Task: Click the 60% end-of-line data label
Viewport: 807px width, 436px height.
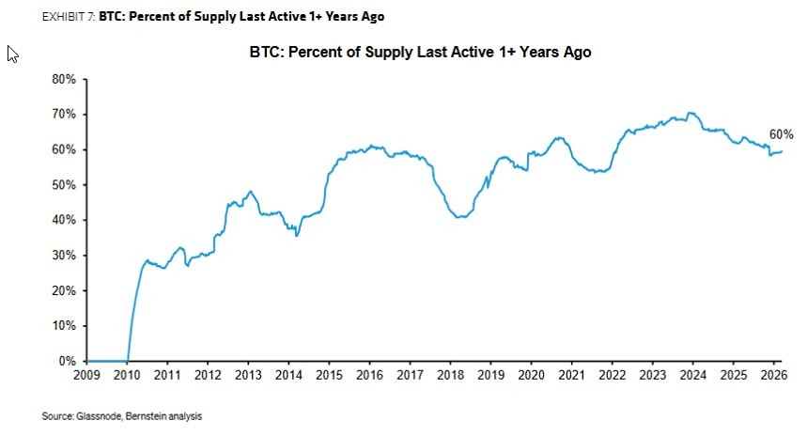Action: [x=782, y=134]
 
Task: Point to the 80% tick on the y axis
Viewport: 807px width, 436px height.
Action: [x=63, y=80]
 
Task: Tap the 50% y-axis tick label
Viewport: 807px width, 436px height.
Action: [x=63, y=185]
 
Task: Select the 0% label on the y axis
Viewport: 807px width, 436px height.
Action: [x=67, y=361]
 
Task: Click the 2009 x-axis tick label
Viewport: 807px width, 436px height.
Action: [x=85, y=376]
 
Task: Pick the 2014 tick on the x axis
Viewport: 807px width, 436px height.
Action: [x=289, y=376]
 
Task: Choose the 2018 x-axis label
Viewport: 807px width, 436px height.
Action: [x=450, y=376]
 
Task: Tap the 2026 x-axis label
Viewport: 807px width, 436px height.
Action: [x=773, y=376]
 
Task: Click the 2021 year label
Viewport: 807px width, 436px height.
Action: [x=571, y=376]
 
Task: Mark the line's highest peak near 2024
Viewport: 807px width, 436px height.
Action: [x=691, y=113]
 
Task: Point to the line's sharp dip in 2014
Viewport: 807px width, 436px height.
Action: [x=297, y=235]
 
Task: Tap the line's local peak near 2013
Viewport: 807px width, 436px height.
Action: [x=249, y=191]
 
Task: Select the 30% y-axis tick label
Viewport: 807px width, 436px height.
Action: [x=63, y=256]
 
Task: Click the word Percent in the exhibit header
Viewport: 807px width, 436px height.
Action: [x=150, y=17]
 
